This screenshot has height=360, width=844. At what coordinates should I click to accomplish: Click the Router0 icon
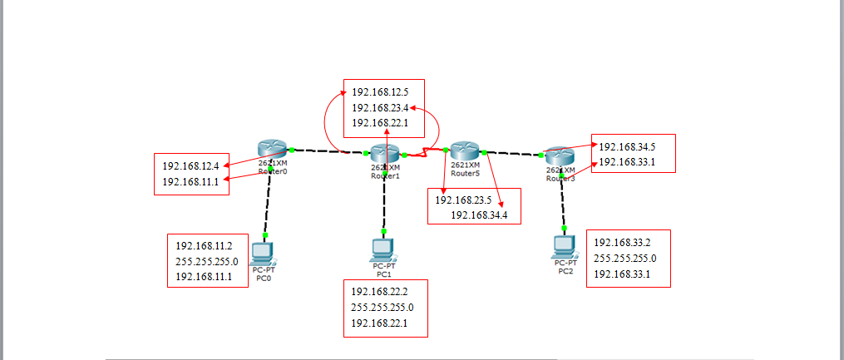[x=271, y=149]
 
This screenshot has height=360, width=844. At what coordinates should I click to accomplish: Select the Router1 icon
[x=385, y=154]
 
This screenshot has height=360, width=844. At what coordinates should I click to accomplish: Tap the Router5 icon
[x=464, y=150]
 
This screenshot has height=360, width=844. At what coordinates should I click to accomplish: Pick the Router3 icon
[x=560, y=155]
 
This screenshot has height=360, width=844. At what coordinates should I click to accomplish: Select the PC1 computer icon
[x=383, y=249]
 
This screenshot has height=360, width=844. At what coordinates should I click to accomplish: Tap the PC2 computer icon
[x=565, y=247]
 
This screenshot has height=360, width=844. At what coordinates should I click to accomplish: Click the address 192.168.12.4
[x=190, y=166]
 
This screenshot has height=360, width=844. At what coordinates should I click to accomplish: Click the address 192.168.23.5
[x=464, y=200]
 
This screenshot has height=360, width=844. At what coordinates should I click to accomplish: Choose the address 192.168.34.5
[x=627, y=146]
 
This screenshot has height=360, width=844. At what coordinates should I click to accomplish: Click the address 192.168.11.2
[x=205, y=246]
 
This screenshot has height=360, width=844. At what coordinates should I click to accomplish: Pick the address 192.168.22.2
[x=380, y=292]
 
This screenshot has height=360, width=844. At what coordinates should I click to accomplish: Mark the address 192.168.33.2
[x=622, y=242]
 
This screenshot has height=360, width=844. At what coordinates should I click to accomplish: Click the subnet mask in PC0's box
[x=207, y=261]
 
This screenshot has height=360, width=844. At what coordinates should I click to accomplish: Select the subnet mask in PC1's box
[x=383, y=308]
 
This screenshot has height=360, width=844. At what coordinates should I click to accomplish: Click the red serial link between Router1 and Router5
[x=425, y=152]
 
